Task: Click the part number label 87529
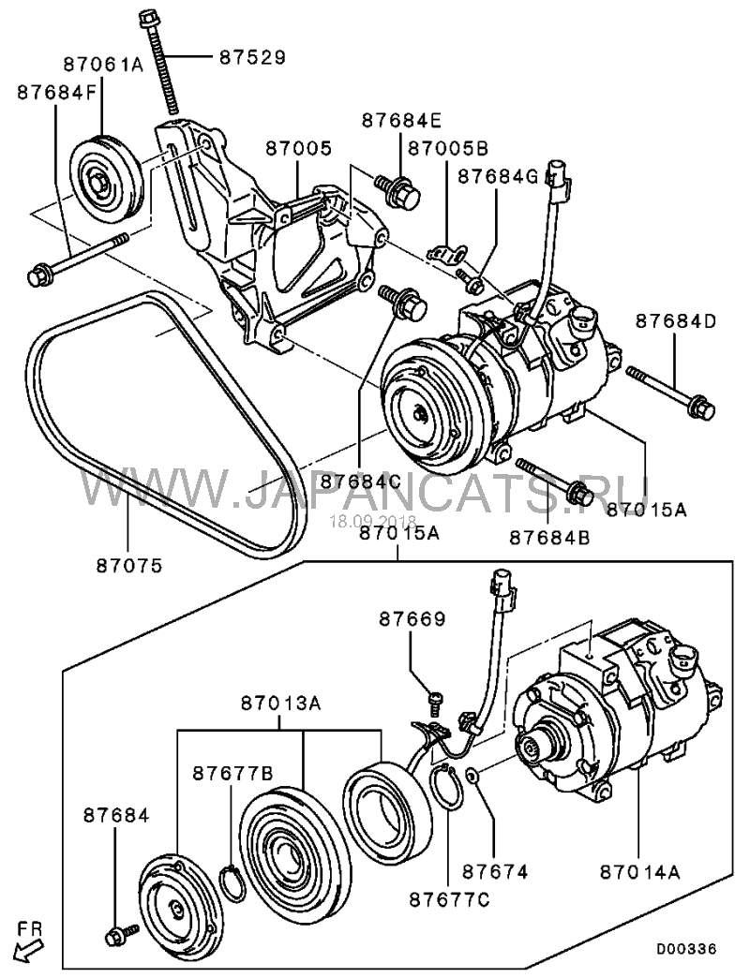point(252,57)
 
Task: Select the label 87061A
point(103,64)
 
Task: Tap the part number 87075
point(129,566)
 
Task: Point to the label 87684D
point(676,320)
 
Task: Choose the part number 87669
point(412,619)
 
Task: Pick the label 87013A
point(281,704)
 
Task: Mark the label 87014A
point(640,871)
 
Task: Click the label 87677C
point(449,899)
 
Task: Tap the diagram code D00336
point(685,950)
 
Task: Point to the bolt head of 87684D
point(703,408)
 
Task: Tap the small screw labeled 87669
point(435,703)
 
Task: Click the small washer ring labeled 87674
point(472,776)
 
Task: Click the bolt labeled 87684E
point(398,191)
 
